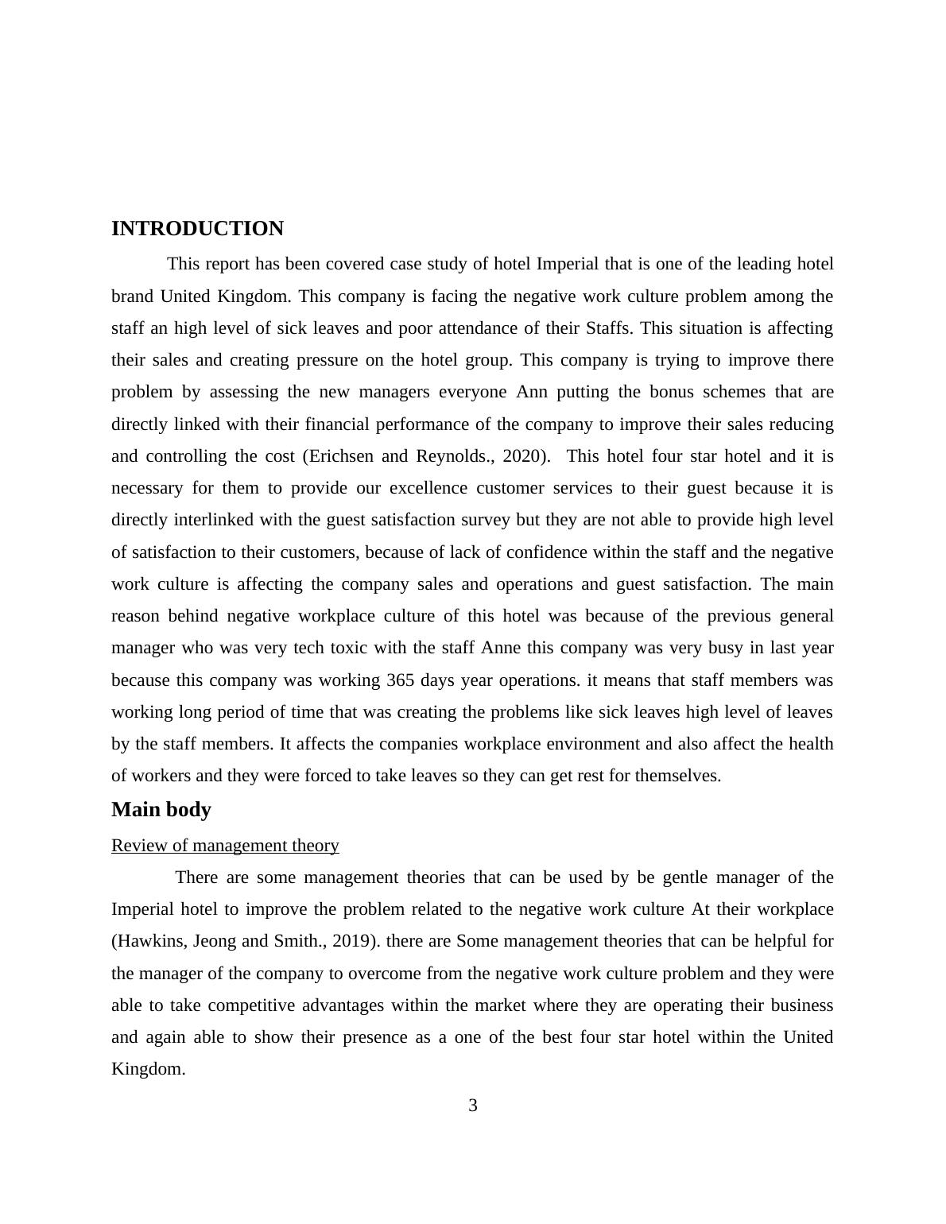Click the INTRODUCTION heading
197,229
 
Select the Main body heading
161,810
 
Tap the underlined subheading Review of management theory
225,846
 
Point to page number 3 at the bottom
473,1106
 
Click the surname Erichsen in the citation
340,456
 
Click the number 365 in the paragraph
401,680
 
